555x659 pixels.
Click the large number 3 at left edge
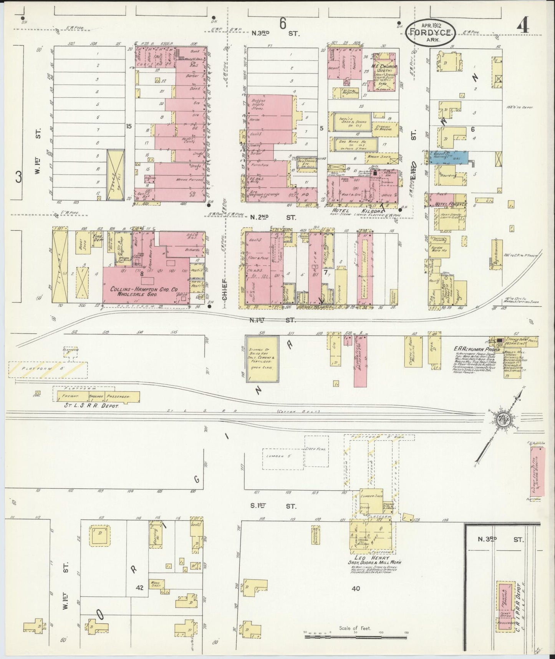pos(18,177)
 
